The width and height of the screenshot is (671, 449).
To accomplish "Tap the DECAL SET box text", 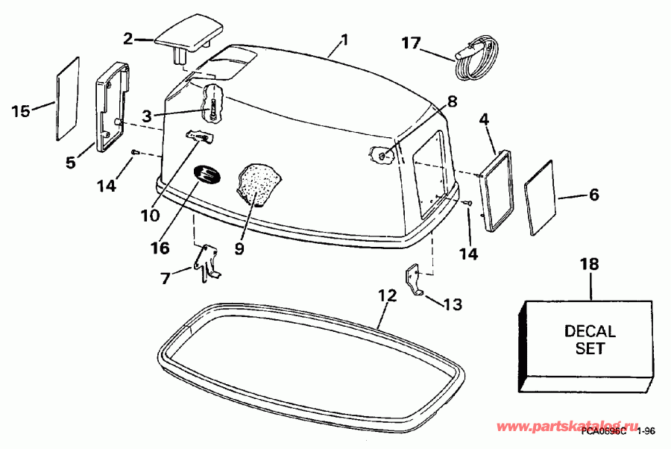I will (x=590, y=339).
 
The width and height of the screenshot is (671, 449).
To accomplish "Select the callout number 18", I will (x=590, y=265).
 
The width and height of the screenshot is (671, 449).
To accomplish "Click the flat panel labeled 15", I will (x=67, y=97).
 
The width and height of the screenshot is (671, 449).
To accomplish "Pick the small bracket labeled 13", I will (x=415, y=280).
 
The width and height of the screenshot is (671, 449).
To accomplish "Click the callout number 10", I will (x=150, y=215).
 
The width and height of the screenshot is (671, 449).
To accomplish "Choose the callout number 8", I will (x=452, y=100).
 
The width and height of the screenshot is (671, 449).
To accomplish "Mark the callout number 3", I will (x=148, y=116).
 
